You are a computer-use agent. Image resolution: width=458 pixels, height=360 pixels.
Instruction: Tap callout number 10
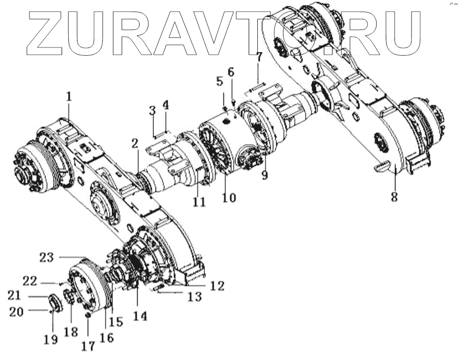tap(229, 198)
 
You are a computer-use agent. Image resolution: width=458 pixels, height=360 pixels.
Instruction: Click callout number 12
tap(217, 286)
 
